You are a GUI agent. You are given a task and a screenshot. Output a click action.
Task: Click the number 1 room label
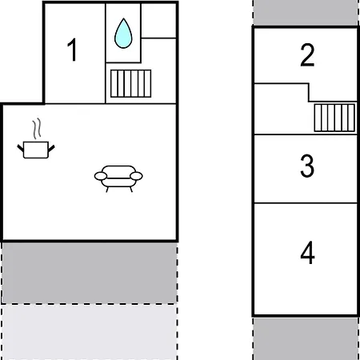(73, 50)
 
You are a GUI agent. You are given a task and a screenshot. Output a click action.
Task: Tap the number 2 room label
(307, 54)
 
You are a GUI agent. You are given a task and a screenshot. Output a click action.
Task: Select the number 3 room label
(307, 166)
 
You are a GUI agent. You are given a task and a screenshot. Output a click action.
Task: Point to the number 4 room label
(307, 253)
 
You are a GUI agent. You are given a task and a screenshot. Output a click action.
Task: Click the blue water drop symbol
(123, 34)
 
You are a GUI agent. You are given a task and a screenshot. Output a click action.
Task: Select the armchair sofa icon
(118, 178)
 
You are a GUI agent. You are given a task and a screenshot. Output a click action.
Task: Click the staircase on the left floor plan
(130, 83)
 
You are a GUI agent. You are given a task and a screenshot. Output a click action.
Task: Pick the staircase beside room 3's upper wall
(334, 118)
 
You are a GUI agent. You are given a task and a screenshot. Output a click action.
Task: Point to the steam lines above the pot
(37, 129)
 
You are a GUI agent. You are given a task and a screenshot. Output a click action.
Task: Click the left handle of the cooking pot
(21, 148)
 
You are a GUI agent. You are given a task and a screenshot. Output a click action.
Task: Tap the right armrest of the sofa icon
(136, 176)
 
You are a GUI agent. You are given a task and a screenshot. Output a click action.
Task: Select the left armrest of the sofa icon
(101, 176)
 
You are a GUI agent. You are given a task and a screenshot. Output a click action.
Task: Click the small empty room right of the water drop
(158, 21)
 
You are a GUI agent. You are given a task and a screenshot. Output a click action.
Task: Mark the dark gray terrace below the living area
(90, 273)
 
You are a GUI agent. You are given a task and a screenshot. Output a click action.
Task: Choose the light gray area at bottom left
(90, 332)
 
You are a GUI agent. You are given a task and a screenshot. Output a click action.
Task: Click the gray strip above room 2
(306, 12)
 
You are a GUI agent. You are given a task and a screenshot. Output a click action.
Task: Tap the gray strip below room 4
(306, 338)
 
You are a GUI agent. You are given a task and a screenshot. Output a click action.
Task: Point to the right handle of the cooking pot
(51, 148)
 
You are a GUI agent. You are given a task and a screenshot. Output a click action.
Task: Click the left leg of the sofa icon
(107, 190)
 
